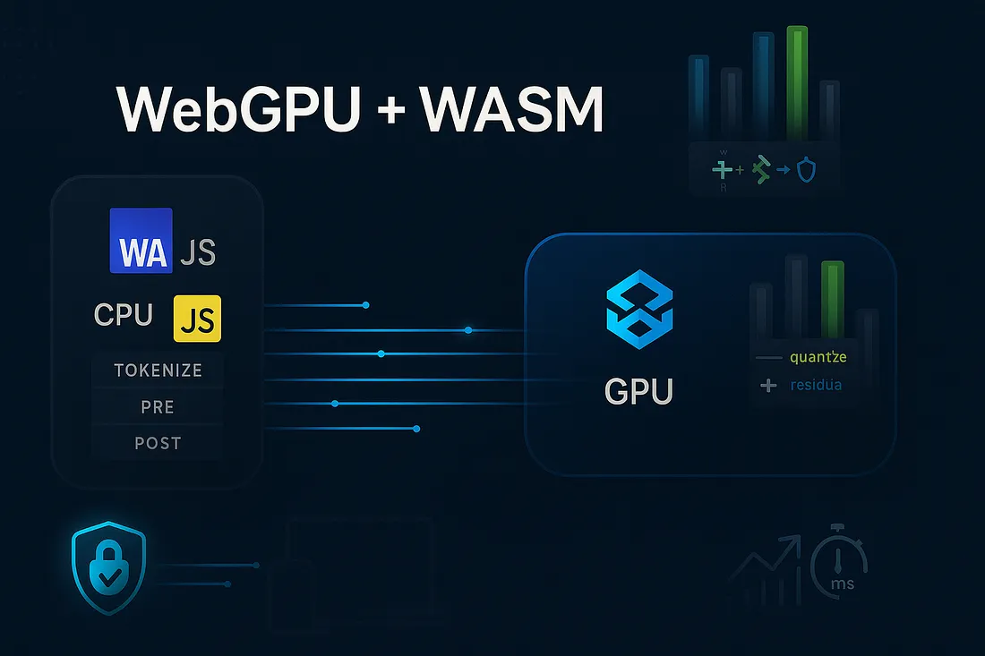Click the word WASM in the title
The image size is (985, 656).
511,111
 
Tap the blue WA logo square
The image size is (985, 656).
140,241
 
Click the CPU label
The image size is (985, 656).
123,315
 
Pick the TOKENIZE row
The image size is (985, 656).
158,370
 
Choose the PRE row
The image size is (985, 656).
158,407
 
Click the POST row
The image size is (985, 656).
158,443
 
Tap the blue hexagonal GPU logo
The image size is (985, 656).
639,311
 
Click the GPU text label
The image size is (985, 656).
638,391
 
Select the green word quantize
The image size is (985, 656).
818,358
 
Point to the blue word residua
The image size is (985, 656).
816,386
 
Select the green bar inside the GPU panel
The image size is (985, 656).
832,299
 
